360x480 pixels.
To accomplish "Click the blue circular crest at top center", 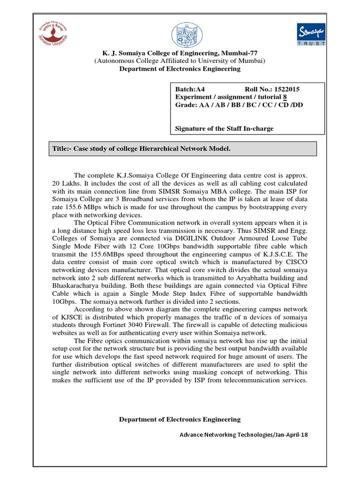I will point(180,34).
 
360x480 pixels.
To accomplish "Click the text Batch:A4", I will point(190,89).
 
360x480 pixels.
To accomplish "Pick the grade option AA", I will point(204,105).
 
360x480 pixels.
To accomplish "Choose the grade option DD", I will point(297,105).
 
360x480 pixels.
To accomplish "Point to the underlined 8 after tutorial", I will point(285,97).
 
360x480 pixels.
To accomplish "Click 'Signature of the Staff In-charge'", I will point(224,128).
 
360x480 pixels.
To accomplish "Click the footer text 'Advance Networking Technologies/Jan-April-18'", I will point(244,435).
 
